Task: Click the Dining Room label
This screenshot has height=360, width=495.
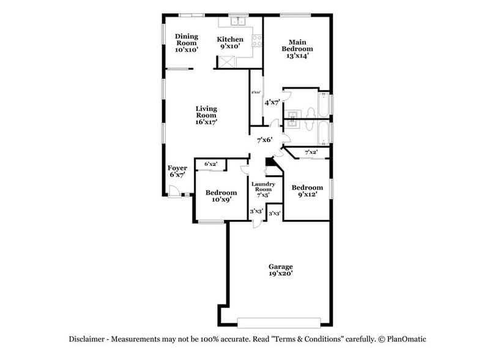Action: tap(187, 43)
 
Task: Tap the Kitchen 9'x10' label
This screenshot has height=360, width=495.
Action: tap(234, 43)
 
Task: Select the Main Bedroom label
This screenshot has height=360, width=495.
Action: tap(297, 49)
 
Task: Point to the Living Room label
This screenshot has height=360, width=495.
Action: tap(206, 115)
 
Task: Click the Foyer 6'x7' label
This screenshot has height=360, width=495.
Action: tap(177, 171)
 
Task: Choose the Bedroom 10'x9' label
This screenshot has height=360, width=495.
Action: tap(221, 196)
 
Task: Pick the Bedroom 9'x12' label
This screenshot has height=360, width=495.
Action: tap(307, 191)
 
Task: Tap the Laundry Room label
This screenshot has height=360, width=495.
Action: tap(265, 190)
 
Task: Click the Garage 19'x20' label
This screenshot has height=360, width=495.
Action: tap(280, 270)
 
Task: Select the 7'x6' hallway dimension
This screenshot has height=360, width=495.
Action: tap(264, 140)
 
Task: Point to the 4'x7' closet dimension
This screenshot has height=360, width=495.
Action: tap(271, 102)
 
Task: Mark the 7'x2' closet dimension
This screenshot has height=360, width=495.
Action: tap(311, 151)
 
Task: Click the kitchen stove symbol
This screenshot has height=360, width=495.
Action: tap(258, 42)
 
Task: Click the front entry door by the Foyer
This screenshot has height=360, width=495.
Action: tap(175, 195)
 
